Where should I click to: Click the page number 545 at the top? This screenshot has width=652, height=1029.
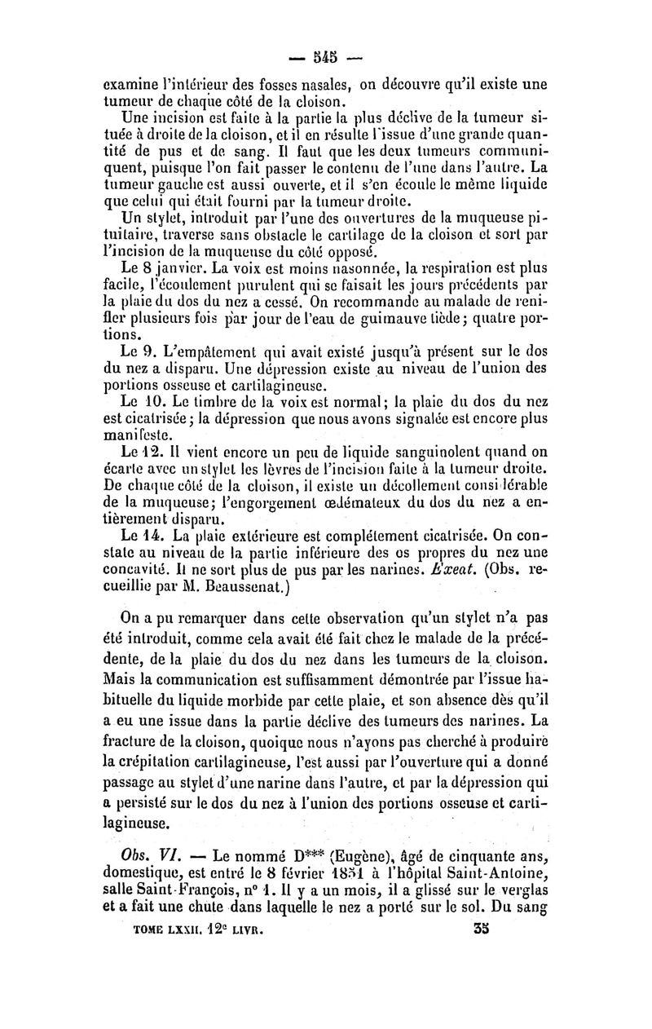point(328,60)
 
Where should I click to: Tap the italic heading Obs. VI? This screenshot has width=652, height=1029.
point(140,857)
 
